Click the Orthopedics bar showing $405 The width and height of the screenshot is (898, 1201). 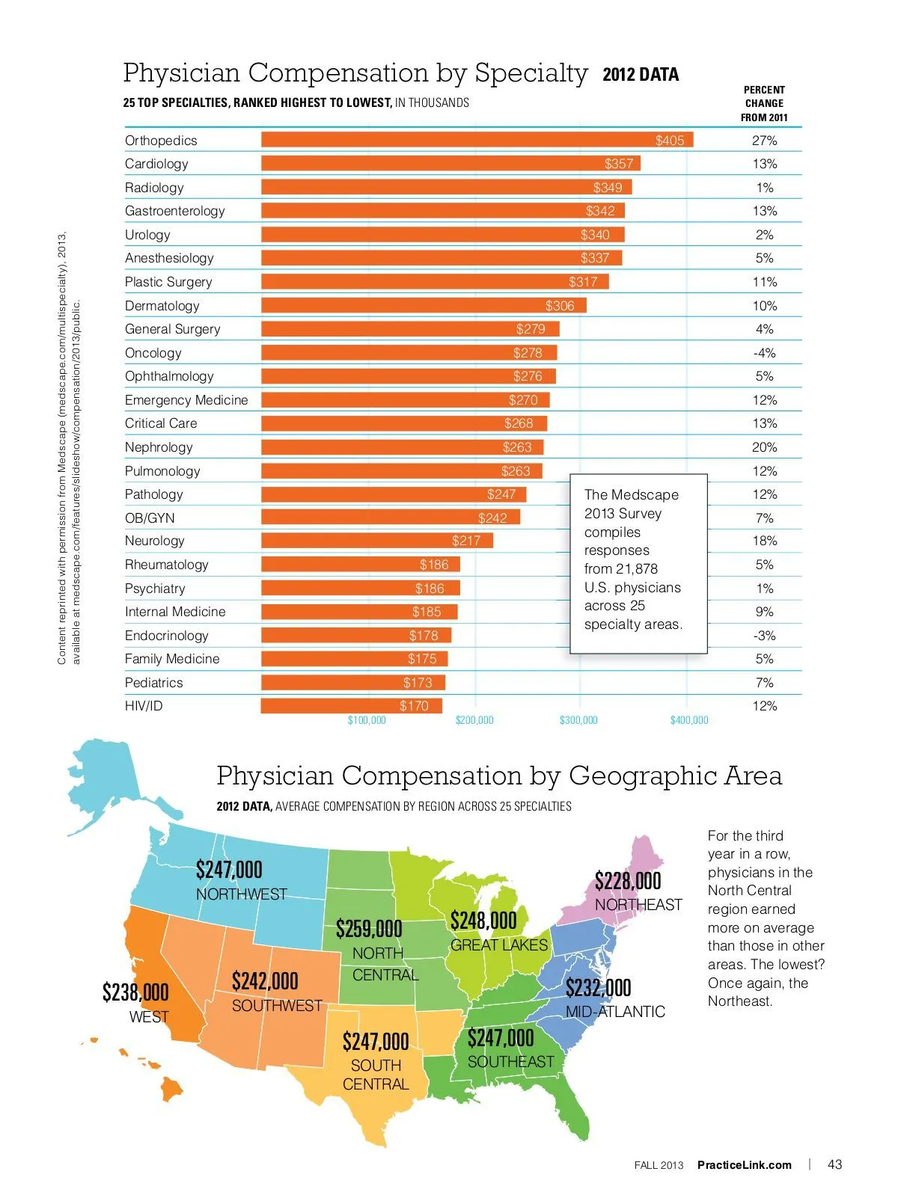click(x=477, y=140)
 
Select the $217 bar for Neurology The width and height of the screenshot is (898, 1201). click(x=376, y=541)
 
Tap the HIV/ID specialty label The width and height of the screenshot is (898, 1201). click(x=144, y=706)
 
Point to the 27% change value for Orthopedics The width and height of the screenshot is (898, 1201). click(x=764, y=141)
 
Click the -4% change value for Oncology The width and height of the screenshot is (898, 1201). click(x=764, y=353)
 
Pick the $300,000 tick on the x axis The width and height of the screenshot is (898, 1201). click(x=578, y=720)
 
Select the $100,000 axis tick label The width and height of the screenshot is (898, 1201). click(x=367, y=720)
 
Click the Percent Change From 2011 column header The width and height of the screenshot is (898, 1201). click(x=764, y=103)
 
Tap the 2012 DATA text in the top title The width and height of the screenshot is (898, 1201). click(x=641, y=75)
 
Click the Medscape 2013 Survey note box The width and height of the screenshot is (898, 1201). click(x=638, y=562)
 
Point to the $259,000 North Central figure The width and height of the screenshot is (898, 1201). click(x=369, y=930)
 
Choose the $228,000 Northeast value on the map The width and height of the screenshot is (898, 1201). click(x=628, y=881)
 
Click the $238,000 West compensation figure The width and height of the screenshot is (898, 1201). click(x=135, y=993)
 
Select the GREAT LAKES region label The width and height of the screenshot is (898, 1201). click(x=498, y=945)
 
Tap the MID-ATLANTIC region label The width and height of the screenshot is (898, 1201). click(x=615, y=1012)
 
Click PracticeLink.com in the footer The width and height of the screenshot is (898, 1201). click(x=744, y=1165)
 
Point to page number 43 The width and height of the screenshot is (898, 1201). click(x=834, y=1164)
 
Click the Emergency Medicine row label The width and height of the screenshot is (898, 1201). click(x=186, y=400)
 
